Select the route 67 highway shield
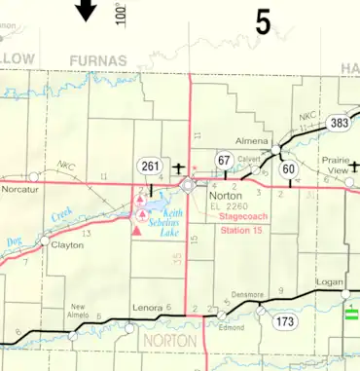click(223, 160)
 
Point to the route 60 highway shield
click(289, 169)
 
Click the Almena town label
click(251, 141)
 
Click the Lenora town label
click(146, 308)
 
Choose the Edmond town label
click(232, 327)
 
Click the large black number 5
click(263, 22)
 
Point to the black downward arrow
click(87, 11)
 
